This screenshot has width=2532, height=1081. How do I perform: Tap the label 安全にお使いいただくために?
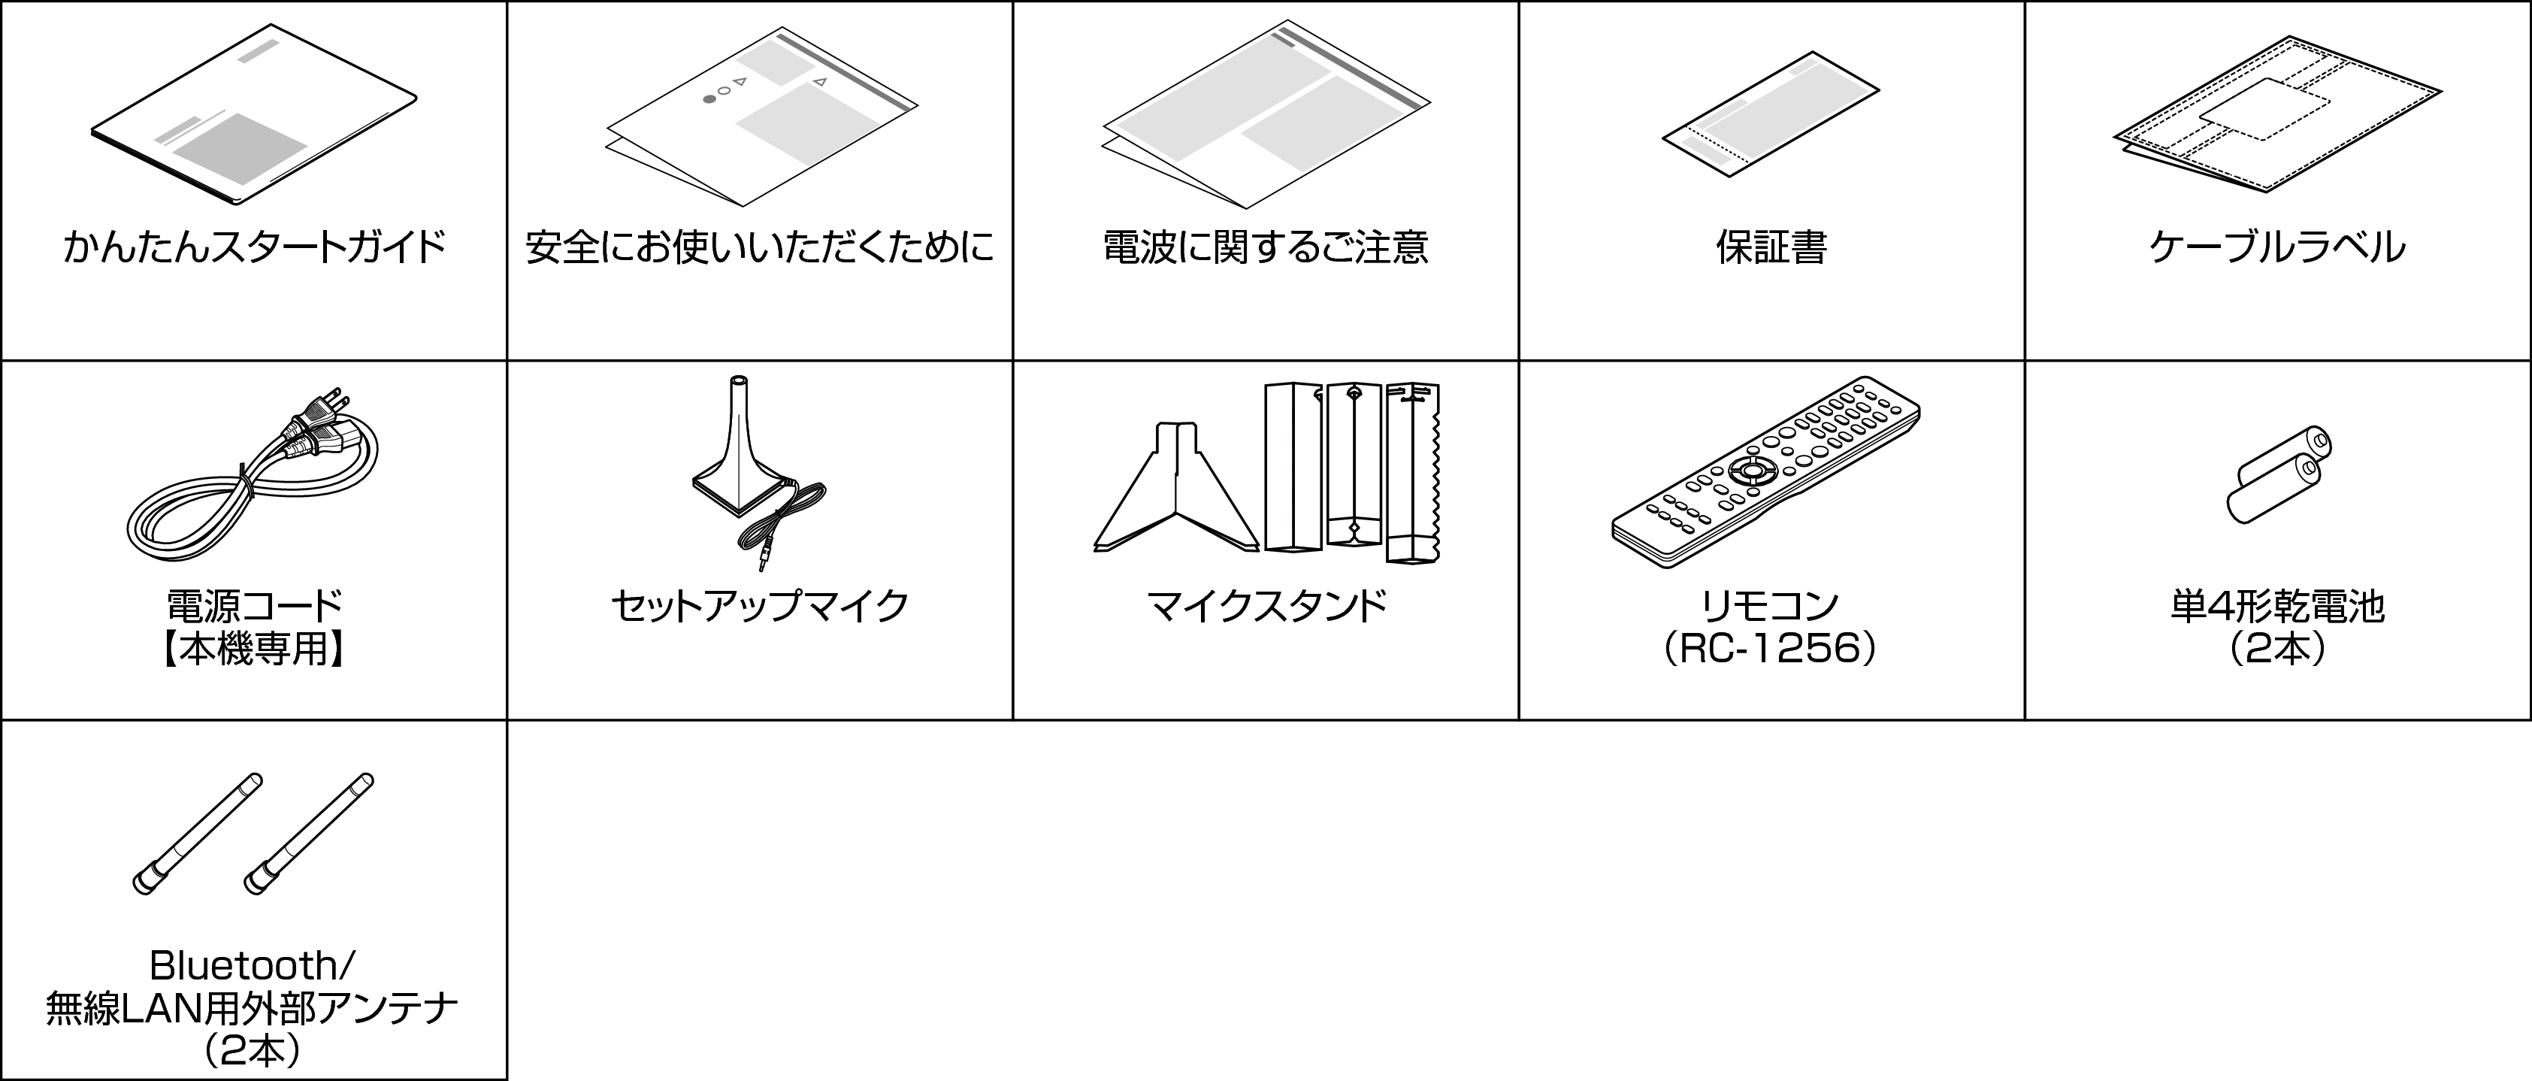759,247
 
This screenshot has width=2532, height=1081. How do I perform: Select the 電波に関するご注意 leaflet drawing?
1266,116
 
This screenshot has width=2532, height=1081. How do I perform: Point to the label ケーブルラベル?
2276,247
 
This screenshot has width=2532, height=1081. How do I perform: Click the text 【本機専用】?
253,650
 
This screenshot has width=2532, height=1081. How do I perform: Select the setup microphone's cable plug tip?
763,563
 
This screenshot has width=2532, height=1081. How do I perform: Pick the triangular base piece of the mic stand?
1175,492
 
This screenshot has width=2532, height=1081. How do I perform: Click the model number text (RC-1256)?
1769,650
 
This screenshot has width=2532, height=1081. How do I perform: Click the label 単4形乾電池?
2276,607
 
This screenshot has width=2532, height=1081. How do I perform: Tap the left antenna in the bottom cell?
198,834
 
